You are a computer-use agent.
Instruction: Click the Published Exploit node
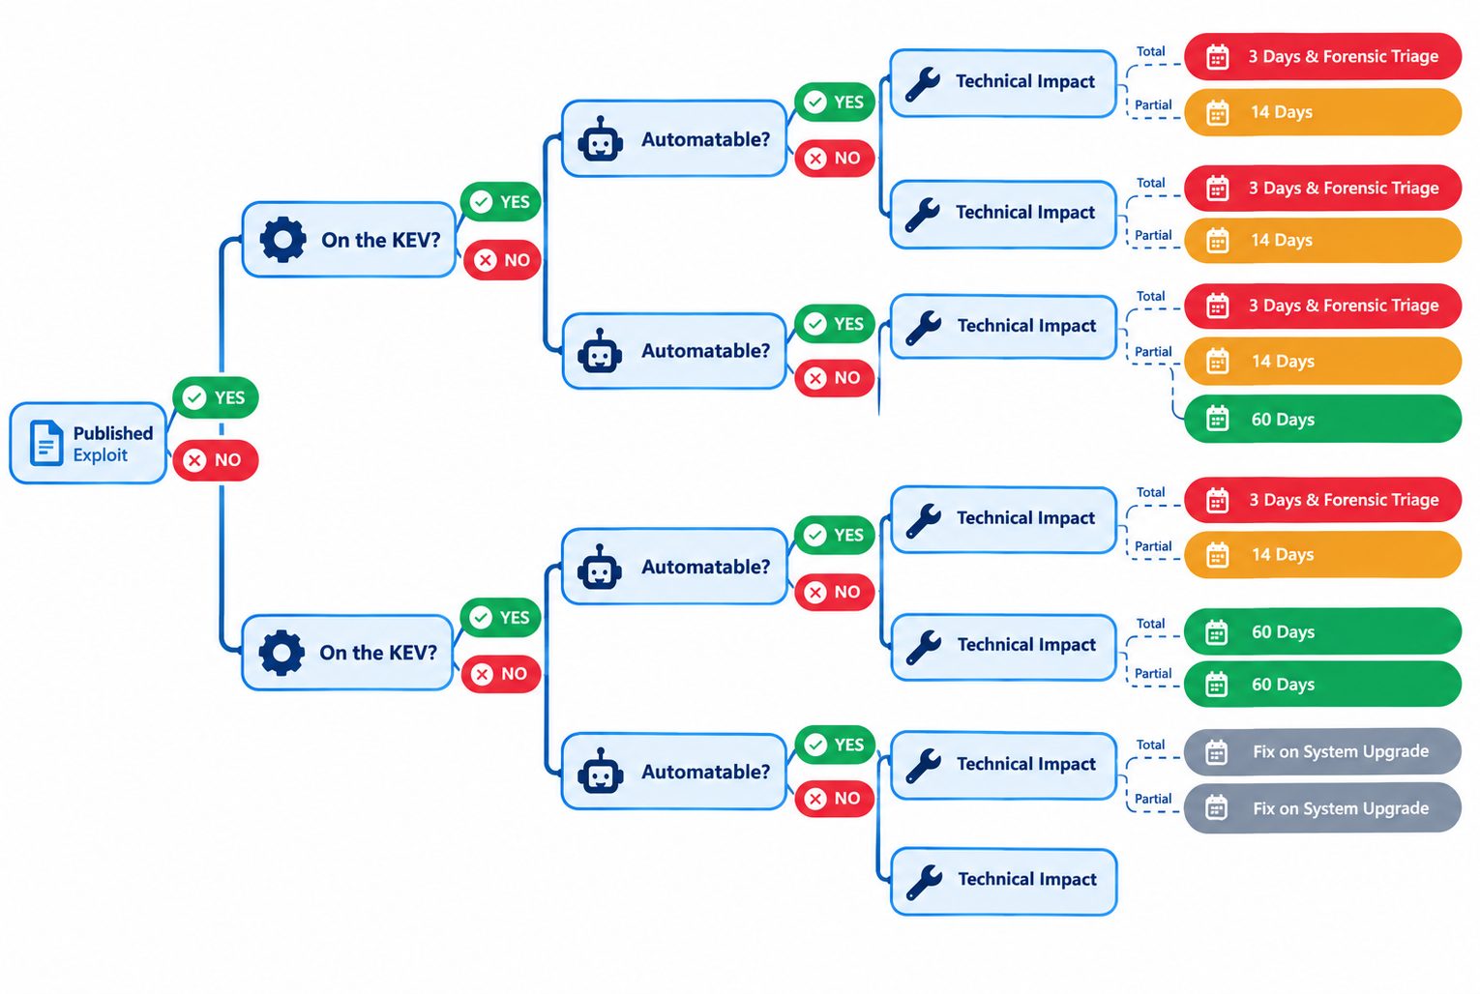click(88, 443)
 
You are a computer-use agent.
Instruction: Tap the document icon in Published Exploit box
click(46, 443)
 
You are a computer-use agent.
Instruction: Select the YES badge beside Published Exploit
click(216, 397)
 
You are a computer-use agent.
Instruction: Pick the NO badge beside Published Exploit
click(216, 459)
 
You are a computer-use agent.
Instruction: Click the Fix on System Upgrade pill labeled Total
click(1322, 751)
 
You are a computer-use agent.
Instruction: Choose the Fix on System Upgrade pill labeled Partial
click(1322, 807)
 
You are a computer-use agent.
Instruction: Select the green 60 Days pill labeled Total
click(1322, 631)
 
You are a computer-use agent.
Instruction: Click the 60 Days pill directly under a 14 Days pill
click(1322, 419)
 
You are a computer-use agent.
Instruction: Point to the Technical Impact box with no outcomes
click(1004, 881)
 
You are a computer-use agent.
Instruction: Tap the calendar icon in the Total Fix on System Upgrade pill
click(1216, 751)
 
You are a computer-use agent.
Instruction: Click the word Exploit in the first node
click(101, 455)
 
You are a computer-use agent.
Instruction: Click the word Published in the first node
click(113, 433)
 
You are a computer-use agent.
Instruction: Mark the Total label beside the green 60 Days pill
click(1150, 624)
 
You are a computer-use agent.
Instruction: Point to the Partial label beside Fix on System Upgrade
click(1153, 799)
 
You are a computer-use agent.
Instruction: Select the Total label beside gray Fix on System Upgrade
click(1150, 745)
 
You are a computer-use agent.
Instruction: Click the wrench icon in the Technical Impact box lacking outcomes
click(924, 882)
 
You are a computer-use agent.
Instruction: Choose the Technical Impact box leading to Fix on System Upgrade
click(1004, 766)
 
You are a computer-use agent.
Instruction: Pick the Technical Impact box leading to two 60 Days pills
click(1004, 647)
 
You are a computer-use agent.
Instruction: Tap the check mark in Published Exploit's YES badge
click(194, 397)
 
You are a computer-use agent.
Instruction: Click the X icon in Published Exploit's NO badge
click(194, 460)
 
